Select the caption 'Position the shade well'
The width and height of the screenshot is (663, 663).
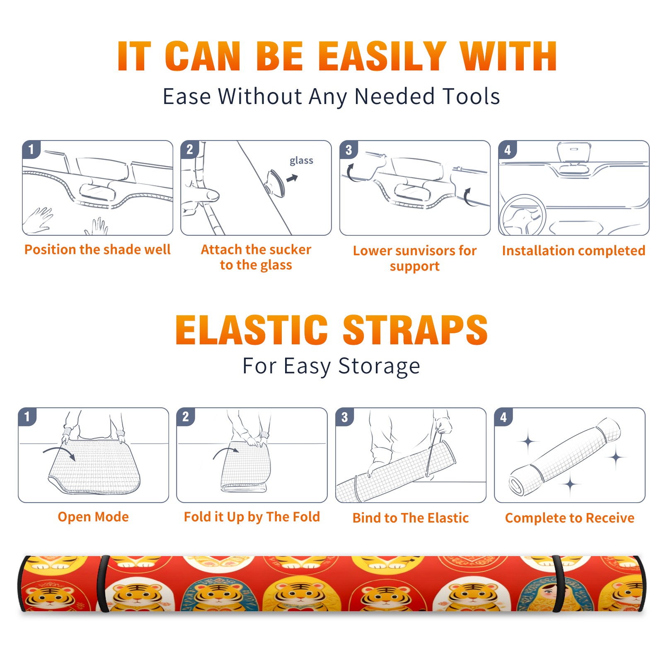tap(97, 250)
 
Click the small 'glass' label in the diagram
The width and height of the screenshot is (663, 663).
tap(301, 161)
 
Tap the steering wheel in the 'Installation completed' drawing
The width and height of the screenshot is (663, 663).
tap(522, 215)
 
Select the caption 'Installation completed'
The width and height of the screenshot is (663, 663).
tap(573, 251)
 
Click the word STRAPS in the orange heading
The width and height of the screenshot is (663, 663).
tap(415, 330)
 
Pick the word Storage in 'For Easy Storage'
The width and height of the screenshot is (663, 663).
tap(379, 366)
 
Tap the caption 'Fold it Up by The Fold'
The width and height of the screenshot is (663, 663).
tap(252, 517)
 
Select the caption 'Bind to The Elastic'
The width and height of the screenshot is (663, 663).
tap(411, 518)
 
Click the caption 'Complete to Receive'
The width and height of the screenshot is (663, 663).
tap(570, 518)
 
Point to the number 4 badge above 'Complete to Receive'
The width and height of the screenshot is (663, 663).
tap(503, 417)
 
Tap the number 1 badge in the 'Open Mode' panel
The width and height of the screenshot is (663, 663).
tap(27, 417)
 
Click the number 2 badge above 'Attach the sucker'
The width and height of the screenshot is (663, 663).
tap(190, 150)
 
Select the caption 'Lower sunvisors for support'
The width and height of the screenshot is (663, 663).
tap(415, 258)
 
